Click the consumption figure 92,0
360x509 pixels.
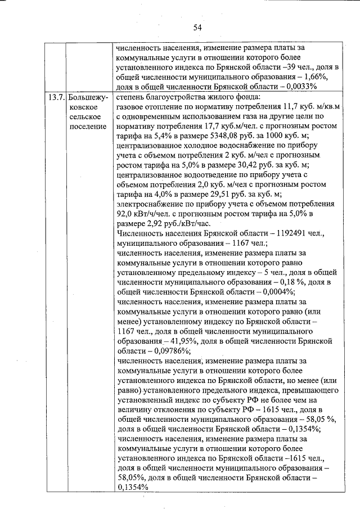click(x=126, y=213)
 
